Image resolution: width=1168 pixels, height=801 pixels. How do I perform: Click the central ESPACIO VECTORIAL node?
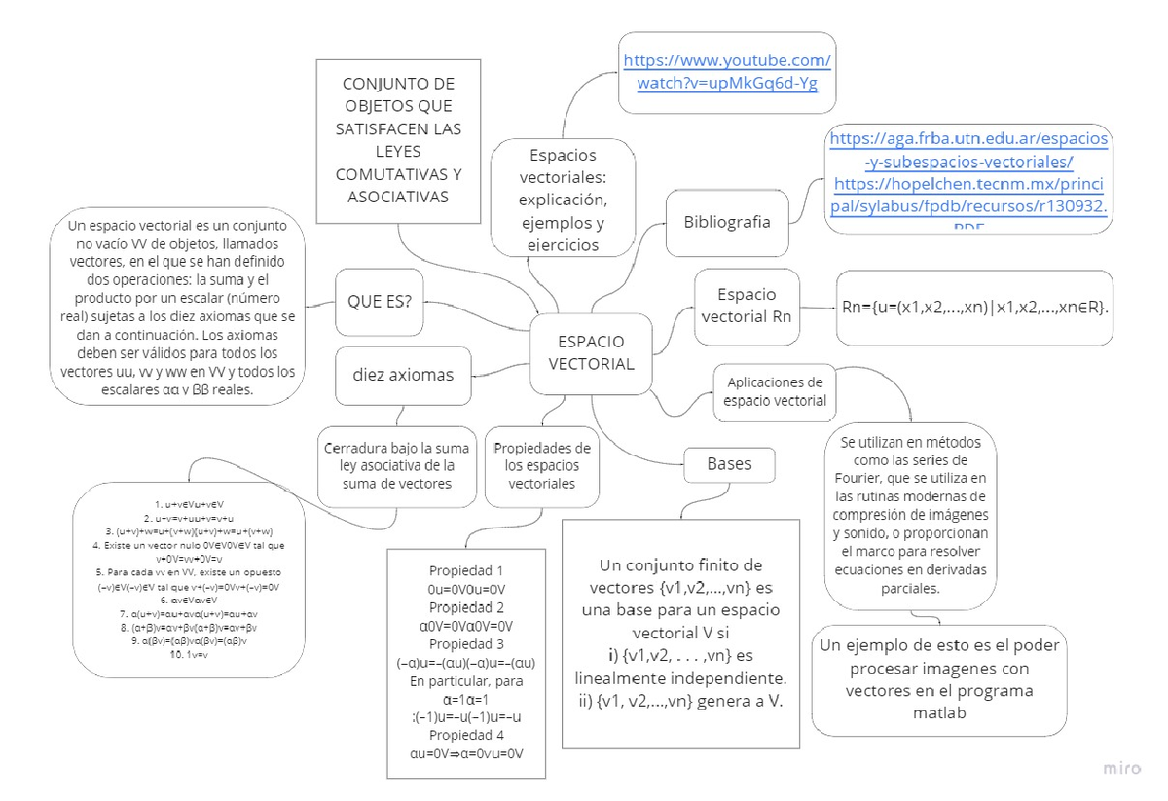(592, 352)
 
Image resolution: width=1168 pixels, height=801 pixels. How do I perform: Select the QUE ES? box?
(380, 301)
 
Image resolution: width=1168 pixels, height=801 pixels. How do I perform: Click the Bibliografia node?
(727, 222)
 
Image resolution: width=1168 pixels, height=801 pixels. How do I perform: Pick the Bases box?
(729, 464)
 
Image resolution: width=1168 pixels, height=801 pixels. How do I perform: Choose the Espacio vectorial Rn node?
(747, 306)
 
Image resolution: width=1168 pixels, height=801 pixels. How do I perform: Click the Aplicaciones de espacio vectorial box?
(775, 392)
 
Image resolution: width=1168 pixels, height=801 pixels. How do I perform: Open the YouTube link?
(726, 72)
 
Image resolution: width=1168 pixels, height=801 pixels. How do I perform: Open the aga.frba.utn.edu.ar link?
(967, 150)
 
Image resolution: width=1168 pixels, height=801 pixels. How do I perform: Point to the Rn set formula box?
(974, 308)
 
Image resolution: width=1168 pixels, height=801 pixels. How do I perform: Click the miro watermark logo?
(1121, 768)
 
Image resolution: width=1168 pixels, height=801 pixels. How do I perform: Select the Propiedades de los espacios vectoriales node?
(542, 465)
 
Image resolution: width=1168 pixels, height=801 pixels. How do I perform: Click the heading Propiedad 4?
(466, 735)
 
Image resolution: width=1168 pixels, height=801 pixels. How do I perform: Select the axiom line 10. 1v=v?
(189, 655)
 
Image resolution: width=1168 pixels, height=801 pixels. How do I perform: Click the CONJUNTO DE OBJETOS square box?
(399, 141)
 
